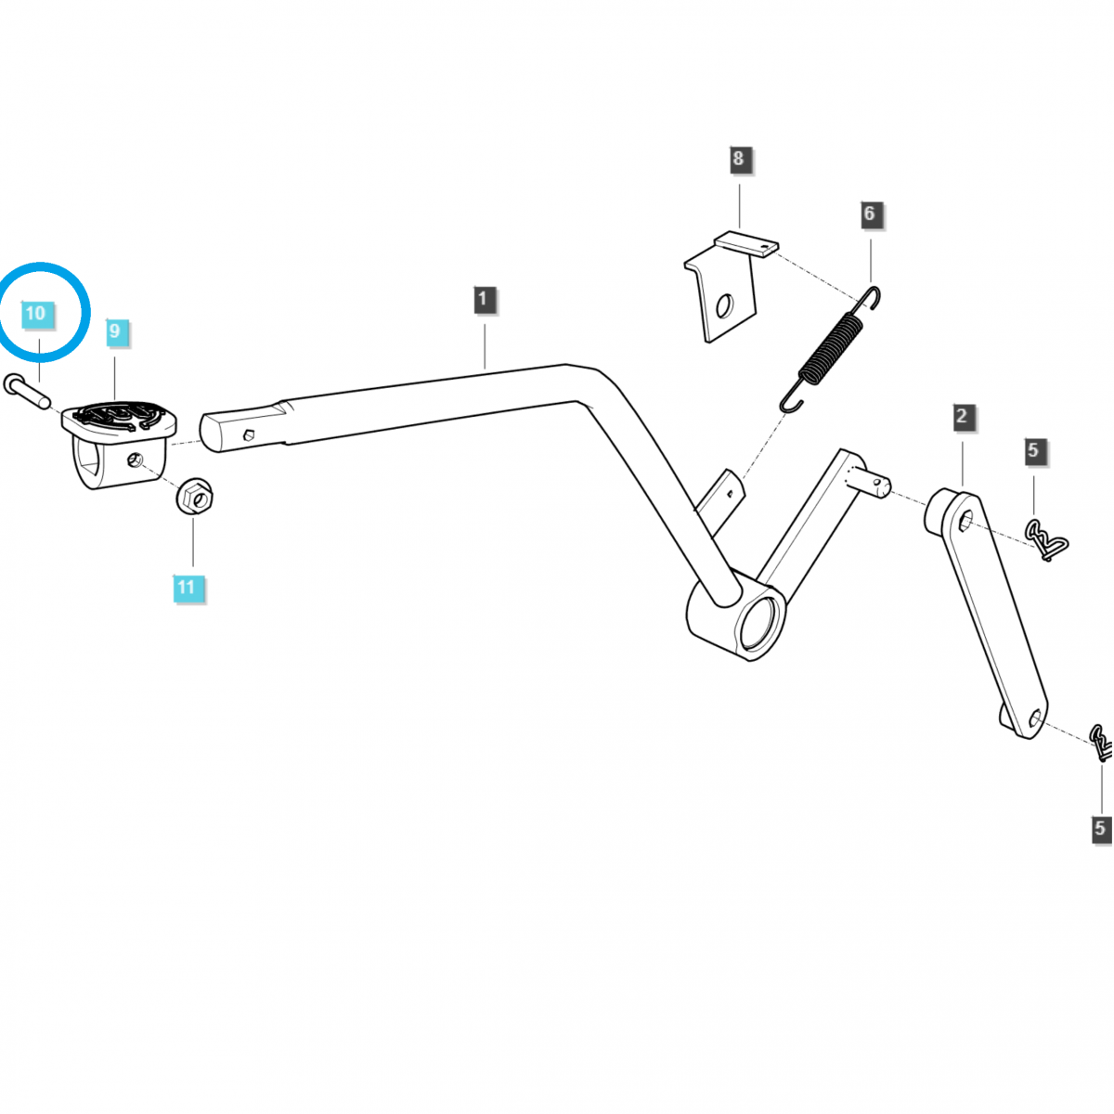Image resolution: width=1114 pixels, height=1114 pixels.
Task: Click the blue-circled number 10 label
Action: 35,313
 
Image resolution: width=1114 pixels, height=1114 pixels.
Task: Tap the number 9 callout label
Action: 114,330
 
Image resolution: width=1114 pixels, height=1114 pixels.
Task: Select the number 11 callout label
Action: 187,587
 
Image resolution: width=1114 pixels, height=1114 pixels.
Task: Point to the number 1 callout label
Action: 482,300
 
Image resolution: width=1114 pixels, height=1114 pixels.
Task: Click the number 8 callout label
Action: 738,159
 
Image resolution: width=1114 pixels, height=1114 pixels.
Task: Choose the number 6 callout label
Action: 869,214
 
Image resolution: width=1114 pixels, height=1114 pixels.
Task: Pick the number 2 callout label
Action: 961,417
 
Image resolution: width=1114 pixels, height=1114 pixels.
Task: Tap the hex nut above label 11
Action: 195,498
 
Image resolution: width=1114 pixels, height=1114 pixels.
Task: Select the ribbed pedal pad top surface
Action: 118,415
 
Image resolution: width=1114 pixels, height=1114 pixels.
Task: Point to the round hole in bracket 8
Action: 724,304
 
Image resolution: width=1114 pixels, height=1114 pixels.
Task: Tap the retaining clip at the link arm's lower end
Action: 1102,742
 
